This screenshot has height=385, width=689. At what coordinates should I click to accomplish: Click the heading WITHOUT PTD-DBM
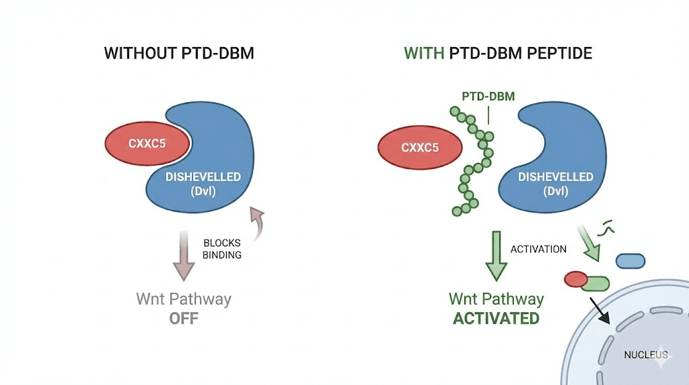pos(179,53)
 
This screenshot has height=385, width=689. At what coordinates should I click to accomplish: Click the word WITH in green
pos(423,53)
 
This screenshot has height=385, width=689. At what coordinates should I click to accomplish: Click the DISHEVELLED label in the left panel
pos(203,176)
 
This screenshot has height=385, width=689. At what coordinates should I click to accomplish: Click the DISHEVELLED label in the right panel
pos(555,176)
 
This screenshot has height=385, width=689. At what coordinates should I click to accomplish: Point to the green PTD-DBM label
pos(488,96)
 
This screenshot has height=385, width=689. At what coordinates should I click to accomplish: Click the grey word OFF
pos(184,317)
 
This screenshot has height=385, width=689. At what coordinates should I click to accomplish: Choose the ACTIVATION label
pos(538,249)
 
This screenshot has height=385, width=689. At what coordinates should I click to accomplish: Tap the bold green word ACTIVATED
pos(496,318)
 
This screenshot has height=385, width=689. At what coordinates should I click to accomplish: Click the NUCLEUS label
pos(645,355)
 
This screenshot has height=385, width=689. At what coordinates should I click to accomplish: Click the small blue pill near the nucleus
pos(630,260)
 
